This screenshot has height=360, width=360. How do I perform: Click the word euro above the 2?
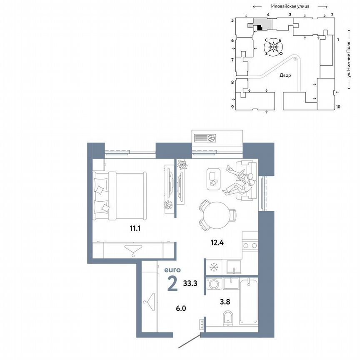[x=172, y=270]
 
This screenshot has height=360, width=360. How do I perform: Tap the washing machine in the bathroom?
[x=214, y=284]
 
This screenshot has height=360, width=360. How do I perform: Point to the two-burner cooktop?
[x=250, y=246]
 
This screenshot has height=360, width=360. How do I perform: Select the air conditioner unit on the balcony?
[x=205, y=137]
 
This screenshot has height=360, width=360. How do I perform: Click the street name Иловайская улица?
[x=290, y=6]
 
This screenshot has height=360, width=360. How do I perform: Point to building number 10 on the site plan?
[x=338, y=107]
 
